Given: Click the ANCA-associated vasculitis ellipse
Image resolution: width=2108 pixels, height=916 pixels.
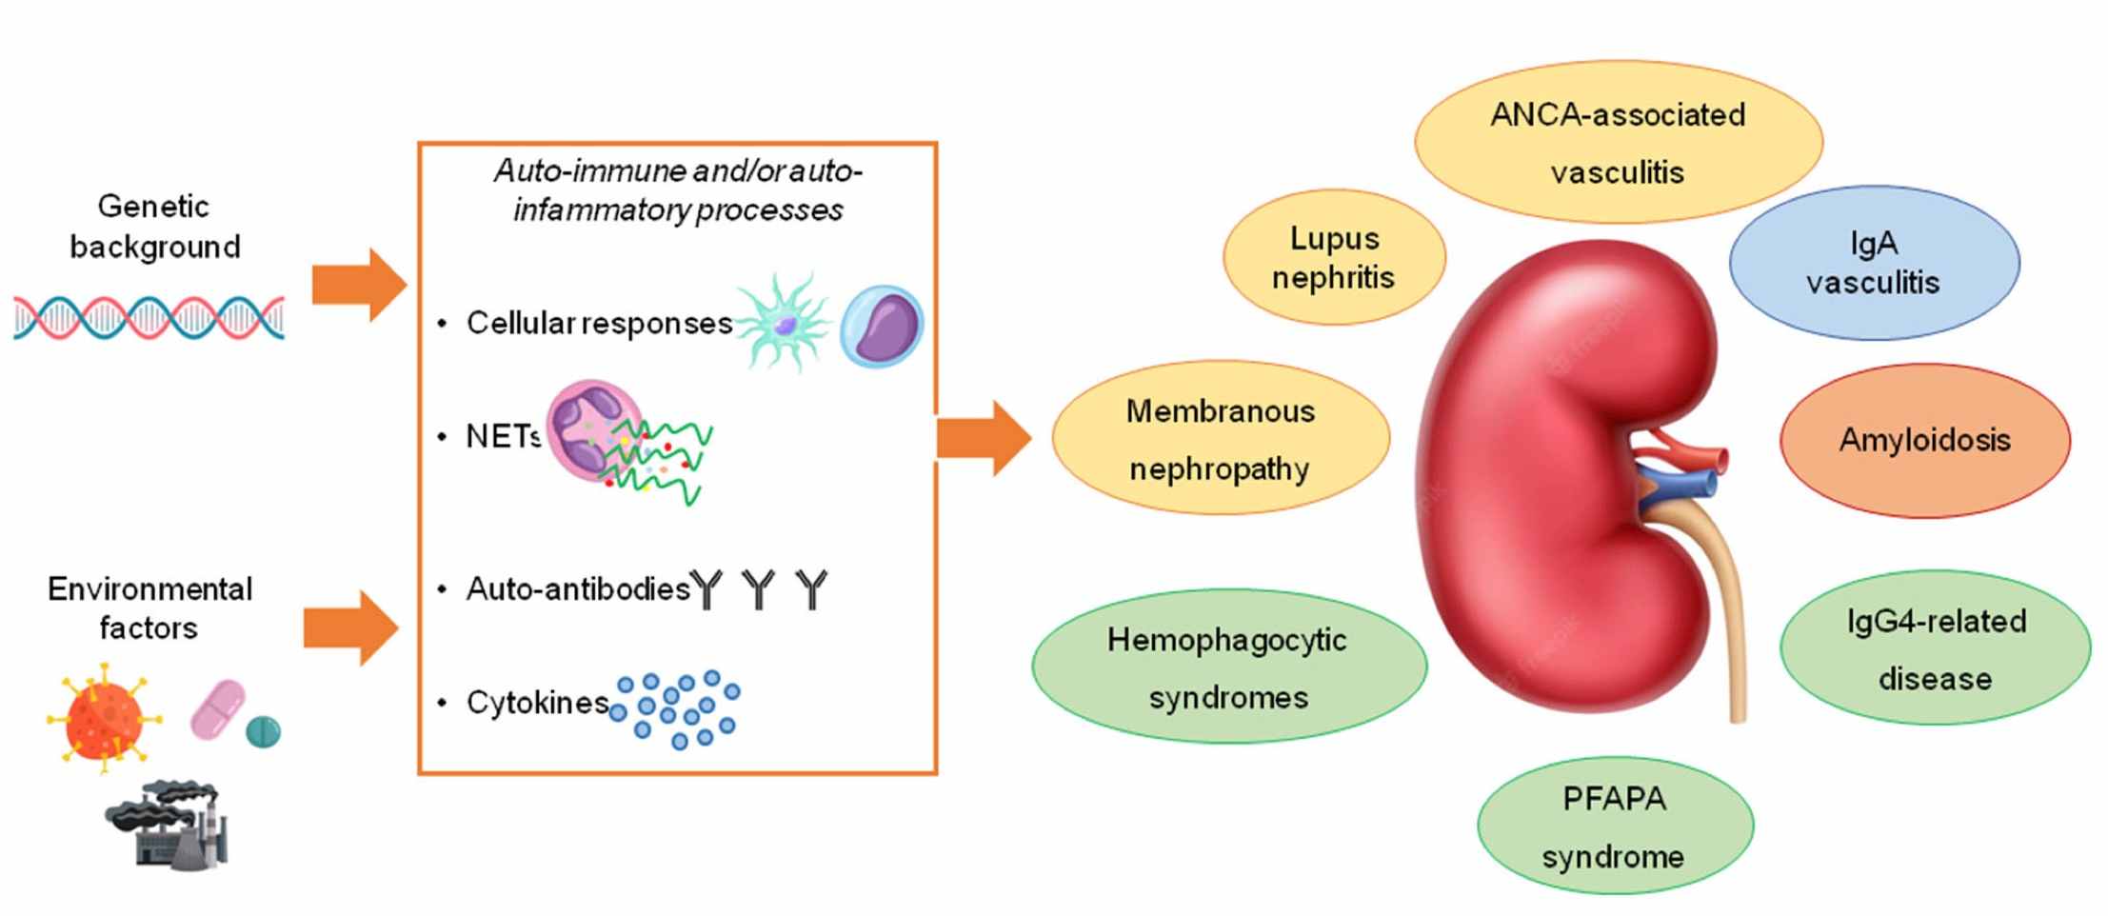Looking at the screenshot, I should point(1617,142).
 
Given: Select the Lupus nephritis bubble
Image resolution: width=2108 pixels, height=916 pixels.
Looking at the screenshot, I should point(1333,257).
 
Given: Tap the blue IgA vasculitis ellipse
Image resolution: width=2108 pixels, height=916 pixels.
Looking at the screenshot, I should point(1873,263).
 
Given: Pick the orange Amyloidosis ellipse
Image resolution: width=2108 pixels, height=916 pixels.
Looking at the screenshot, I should point(1923,440).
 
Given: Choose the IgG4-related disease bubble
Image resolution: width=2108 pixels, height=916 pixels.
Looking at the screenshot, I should point(1934,648).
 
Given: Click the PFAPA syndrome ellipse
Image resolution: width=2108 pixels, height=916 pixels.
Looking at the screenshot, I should point(1614,826).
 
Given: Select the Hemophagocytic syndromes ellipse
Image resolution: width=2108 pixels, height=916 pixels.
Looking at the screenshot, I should point(1227,667).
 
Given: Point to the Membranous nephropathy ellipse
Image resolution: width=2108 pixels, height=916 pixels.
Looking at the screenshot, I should point(1220,439).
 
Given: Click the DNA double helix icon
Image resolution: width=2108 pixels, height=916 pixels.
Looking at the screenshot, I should point(149,317).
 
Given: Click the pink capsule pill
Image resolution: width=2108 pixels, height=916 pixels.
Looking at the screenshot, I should point(218,709).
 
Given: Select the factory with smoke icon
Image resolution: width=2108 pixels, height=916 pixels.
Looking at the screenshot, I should point(169,825).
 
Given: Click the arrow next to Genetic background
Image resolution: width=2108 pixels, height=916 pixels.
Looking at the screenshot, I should point(359,285).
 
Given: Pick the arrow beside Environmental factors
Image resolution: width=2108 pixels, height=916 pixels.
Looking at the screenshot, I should point(350,627).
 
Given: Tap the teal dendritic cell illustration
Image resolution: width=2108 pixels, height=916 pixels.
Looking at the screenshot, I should point(783,323).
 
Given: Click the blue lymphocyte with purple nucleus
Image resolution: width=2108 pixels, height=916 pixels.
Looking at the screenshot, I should point(882,326).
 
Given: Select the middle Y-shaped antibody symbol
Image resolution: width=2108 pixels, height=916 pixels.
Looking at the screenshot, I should point(758,589).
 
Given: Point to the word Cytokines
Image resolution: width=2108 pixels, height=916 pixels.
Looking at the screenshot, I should point(537,703).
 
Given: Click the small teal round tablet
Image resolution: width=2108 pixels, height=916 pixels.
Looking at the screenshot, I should point(263,732).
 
